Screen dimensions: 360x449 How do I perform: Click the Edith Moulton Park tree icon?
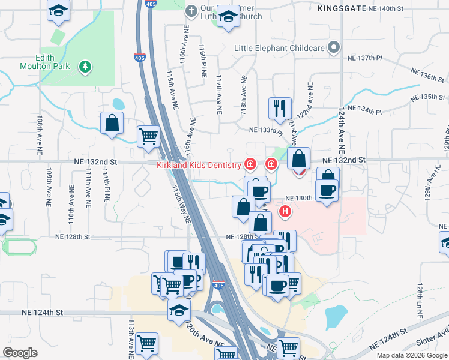point(85,65)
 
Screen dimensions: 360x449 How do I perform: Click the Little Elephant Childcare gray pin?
point(334,48)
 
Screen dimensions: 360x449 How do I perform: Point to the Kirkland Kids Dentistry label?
point(199,164)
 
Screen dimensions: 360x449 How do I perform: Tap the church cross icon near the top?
point(191,11)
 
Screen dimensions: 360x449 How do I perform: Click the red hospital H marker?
point(286,211)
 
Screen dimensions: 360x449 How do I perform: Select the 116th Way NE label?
point(181,204)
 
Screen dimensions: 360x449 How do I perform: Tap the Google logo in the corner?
point(20,353)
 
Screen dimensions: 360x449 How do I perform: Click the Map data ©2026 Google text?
point(412,355)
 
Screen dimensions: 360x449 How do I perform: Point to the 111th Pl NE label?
point(106,185)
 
